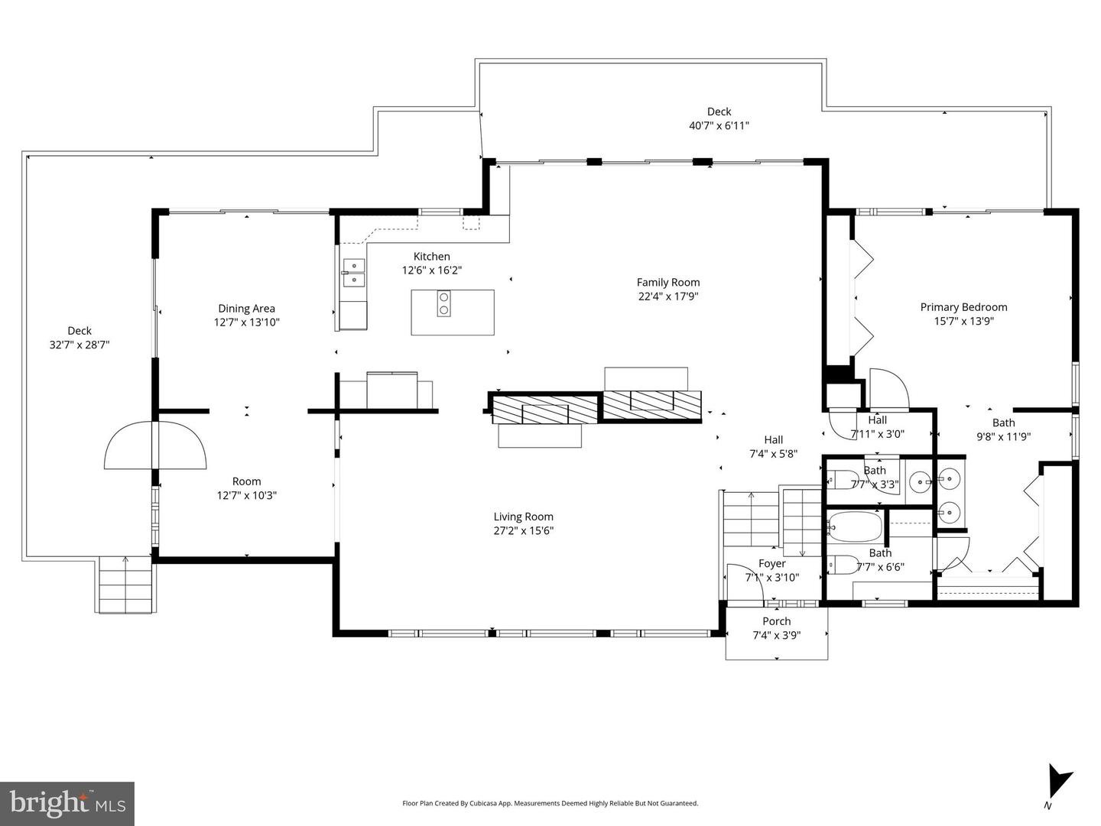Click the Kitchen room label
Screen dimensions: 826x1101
tap(431, 257)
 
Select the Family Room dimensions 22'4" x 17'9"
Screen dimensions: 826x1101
tap(668, 296)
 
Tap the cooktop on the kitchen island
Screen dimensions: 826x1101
tap(443, 304)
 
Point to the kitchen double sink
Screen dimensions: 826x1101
tap(354, 273)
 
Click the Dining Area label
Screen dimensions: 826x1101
tap(246, 309)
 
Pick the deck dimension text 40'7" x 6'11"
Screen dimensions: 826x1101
tap(719, 125)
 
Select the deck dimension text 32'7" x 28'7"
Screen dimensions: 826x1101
tap(80, 345)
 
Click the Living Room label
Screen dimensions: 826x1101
tap(523, 517)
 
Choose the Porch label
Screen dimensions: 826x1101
tap(776, 621)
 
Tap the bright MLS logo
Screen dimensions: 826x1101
tap(67, 803)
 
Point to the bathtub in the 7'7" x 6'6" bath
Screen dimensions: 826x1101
tap(856, 526)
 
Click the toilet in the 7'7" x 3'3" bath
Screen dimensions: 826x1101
tap(843, 480)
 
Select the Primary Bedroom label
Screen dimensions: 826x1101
tap(963, 307)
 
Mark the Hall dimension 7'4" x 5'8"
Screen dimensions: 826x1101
tap(773, 453)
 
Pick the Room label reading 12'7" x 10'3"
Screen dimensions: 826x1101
tap(246, 495)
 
